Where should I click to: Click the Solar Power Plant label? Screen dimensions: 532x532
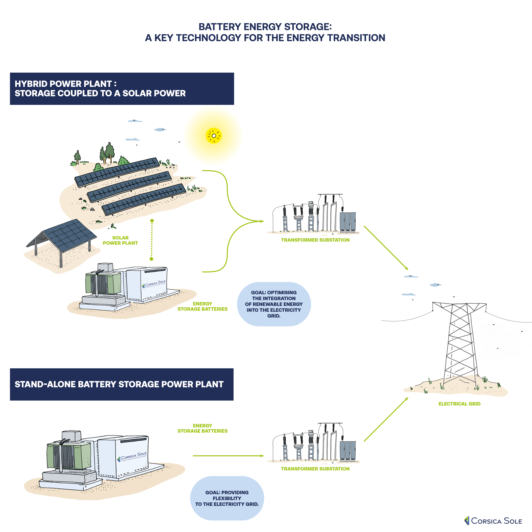pyautogui.click(x=120, y=240)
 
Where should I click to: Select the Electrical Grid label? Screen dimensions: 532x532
pyautogui.click(x=459, y=404)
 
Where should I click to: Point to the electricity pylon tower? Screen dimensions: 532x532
pyautogui.click(x=459, y=344)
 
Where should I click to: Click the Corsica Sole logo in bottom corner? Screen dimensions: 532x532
pyautogui.click(x=493, y=521)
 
